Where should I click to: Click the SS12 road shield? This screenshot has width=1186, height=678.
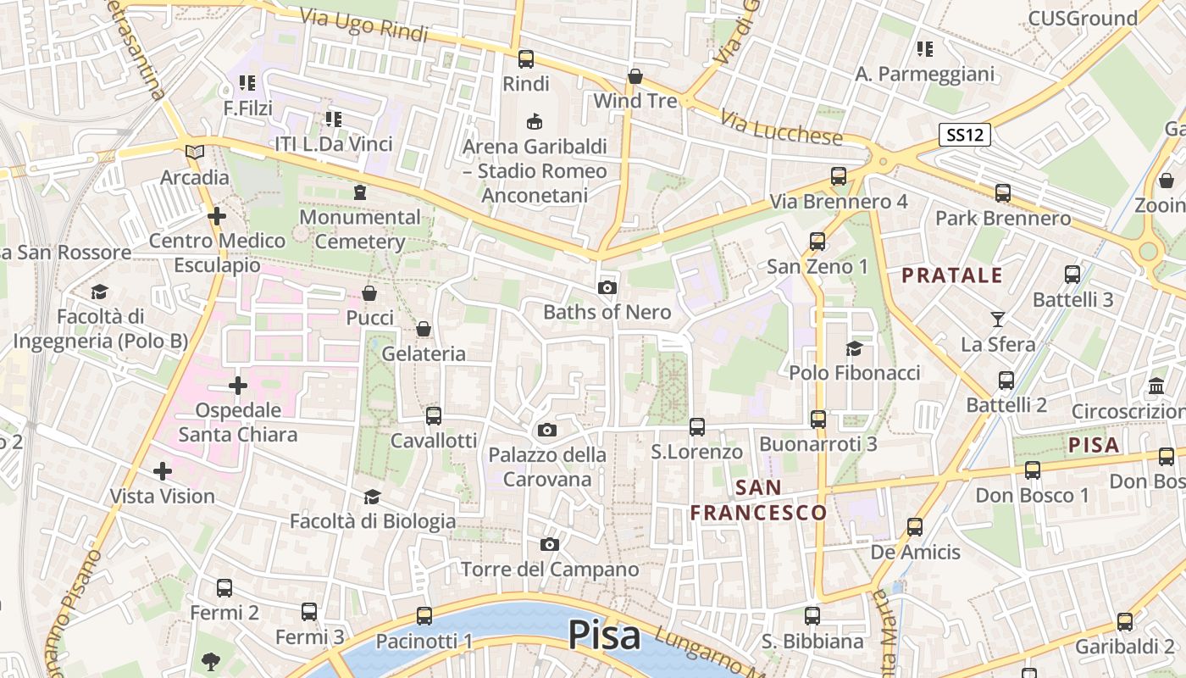[x=965, y=134]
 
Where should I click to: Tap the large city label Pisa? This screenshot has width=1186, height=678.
[x=604, y=635]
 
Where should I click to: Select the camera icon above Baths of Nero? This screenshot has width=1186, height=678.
[x=607, y=288]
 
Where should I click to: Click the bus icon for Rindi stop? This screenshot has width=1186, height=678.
[x=526, y=59]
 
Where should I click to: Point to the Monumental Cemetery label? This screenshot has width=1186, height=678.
[x=360, y=229]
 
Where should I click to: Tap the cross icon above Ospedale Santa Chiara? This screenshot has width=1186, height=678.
[x=238, y=386]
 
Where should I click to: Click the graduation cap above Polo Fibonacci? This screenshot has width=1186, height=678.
[x=854, y=348]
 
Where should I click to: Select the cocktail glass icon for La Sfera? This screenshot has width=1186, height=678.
[x=998, y=320]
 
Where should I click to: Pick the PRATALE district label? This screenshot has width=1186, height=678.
[x=952, y=275]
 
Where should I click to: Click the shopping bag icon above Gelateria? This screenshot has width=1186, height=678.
[x=424, y=329]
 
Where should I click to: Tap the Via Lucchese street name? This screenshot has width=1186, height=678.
[x=784, y=126]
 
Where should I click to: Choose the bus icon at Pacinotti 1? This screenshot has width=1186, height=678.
[x=424, y=616]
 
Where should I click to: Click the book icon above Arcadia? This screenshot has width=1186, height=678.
[x=195, y=153]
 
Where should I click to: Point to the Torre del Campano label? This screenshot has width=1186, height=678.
[x=550, y=569]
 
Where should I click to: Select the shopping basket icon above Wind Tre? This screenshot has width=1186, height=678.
[x=635, y=77]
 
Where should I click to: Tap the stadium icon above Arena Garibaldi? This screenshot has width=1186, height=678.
[x=535, y=122]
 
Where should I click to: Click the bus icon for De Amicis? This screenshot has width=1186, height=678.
[x=915, y=527]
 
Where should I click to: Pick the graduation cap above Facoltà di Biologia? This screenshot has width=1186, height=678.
[x=372, y=497]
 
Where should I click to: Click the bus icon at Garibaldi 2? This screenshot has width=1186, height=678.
[x=1125, y=622]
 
